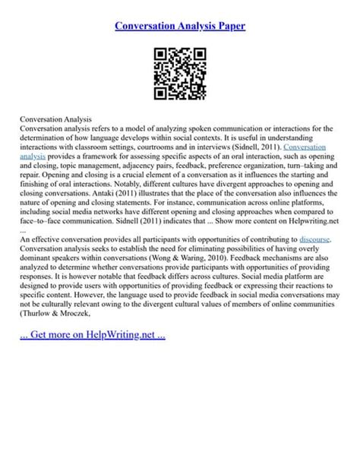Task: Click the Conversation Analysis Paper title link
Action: point(180,26)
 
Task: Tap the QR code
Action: point(180,74)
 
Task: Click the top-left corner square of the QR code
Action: point(161,55)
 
